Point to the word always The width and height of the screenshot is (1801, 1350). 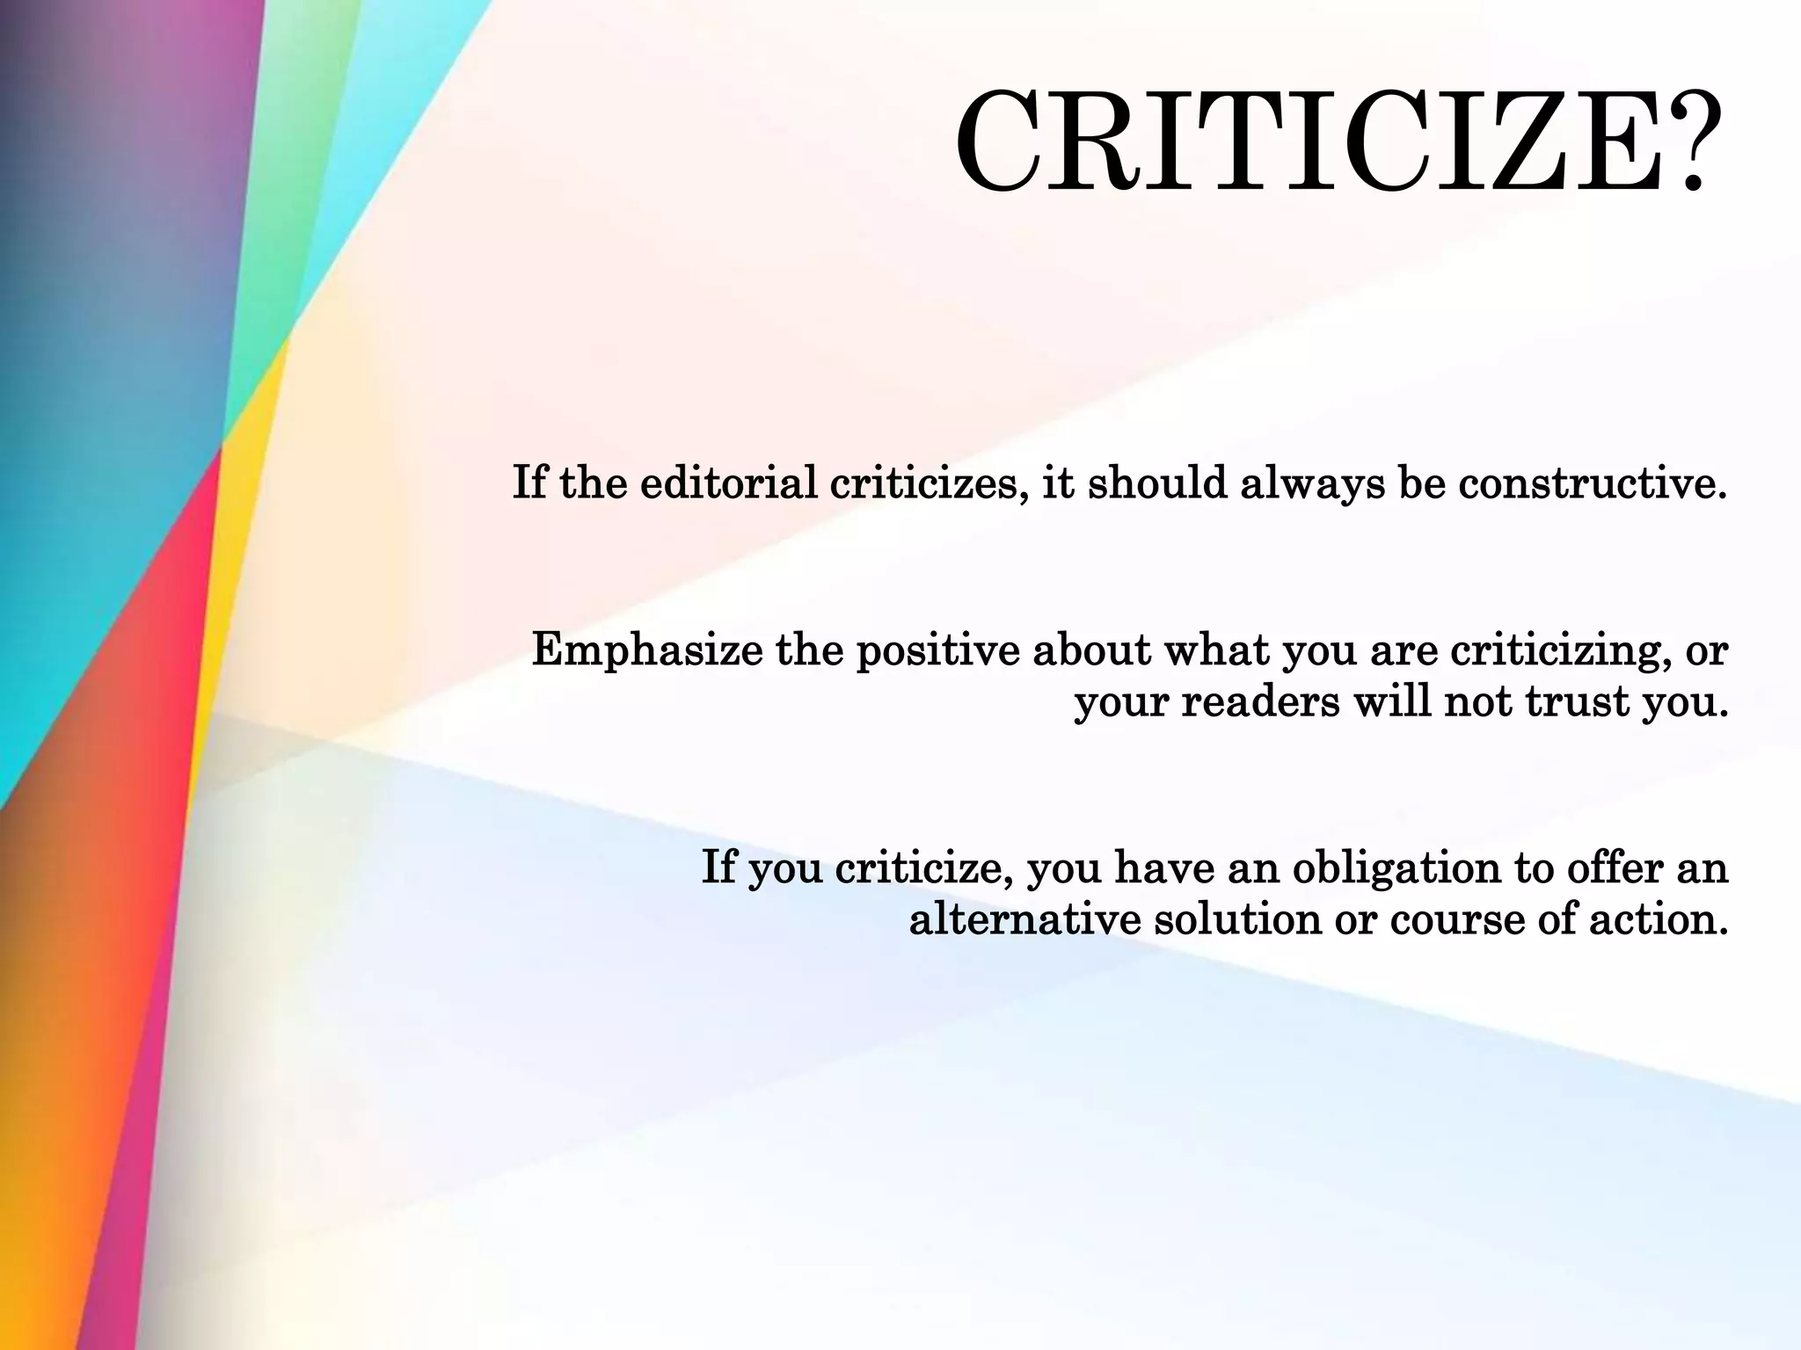click(1312, 484)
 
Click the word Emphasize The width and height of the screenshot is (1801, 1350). click(647, 652)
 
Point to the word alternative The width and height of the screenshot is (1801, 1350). click(1024, 920)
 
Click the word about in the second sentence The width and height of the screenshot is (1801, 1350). click(1090, 651)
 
